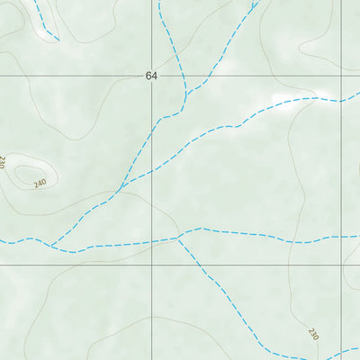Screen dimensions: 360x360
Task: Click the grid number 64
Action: [150, 76]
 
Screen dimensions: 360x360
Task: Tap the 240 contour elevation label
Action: [39, 184]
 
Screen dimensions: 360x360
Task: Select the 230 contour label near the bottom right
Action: [313, 334]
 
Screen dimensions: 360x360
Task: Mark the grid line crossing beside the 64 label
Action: [151, 76]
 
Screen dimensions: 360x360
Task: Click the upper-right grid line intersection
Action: [343, 76]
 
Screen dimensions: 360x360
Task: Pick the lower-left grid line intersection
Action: [151, 265]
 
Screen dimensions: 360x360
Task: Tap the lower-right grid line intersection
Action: [343, 265]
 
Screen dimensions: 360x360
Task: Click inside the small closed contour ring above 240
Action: [27, 174]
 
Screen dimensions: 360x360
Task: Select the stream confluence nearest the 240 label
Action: [119, 190]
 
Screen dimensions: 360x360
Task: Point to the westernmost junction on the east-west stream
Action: [51, 246]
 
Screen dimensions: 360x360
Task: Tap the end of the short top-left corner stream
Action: [58, 40]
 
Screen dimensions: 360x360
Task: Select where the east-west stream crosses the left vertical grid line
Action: [151, 242]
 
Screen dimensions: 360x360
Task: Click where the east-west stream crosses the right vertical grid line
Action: [343, 237]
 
